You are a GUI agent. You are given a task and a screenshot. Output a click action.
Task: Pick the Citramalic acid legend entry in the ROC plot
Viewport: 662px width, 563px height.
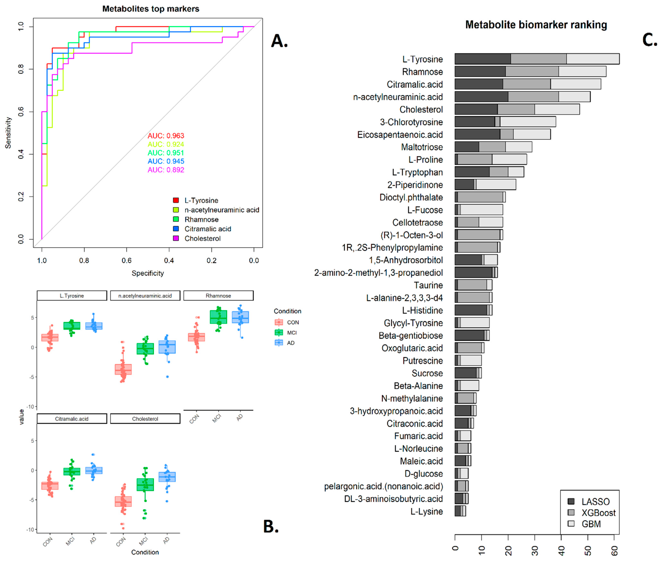(x=207, y=229)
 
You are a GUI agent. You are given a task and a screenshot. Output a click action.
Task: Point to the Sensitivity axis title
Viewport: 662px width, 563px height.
(x=8, y=133)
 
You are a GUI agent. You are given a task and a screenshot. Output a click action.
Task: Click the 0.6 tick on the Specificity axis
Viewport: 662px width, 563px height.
(x=127, y=260)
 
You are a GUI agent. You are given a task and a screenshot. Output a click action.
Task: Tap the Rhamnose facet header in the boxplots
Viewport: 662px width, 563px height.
(x=218, y=295)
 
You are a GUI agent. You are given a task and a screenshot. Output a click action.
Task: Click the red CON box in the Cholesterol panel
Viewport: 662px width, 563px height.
(x=123, y=501)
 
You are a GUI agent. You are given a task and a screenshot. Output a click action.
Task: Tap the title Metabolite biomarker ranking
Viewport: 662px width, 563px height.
(x=536, y=25)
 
